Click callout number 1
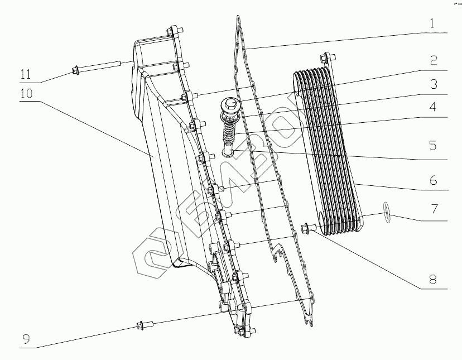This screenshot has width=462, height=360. pyautogui.click(x=433, y=25)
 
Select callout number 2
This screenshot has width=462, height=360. pyautogui.click(x=433, y=60)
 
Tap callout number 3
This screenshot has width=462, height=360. pyautogui.click(x=433, y=85)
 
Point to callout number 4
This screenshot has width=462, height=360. pyautogui.click(x=433, y=107)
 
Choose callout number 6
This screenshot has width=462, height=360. pyautogui.click(x=433, y=181)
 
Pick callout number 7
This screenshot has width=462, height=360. pyautogui.click(x=433, y=210)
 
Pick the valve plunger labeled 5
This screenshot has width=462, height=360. pyautogui.click(x=228, y=150)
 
